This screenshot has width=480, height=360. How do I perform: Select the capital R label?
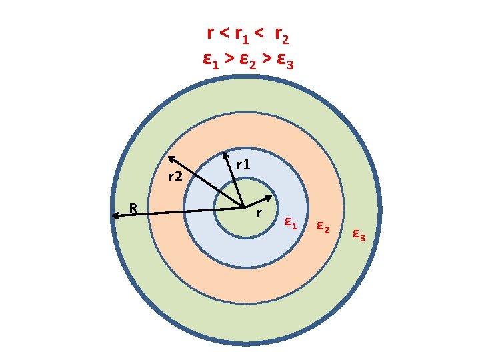click(x=133, y=208)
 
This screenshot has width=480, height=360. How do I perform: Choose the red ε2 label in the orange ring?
click(x=322, y=227)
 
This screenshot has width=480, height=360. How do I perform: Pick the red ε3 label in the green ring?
click(x=358, y=234)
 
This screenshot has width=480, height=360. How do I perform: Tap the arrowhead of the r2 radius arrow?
click(x=170, y=158)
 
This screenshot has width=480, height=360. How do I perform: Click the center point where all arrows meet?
click(x=243, y=207)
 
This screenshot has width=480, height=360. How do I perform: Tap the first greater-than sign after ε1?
click(x=229, y=59)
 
